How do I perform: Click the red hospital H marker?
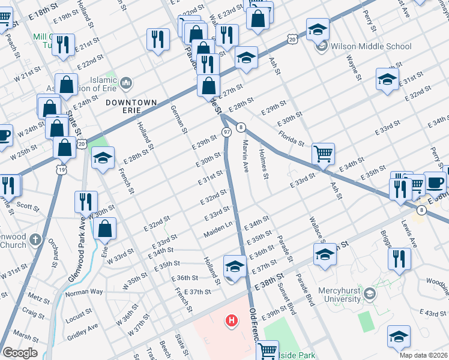coord(231,322)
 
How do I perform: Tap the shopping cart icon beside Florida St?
coord(323,154)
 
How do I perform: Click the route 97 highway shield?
coord(226,131)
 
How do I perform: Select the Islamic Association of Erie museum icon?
coord(126,82)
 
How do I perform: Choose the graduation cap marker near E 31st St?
coord(387,79)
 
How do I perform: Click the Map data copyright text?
coord(423,355)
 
